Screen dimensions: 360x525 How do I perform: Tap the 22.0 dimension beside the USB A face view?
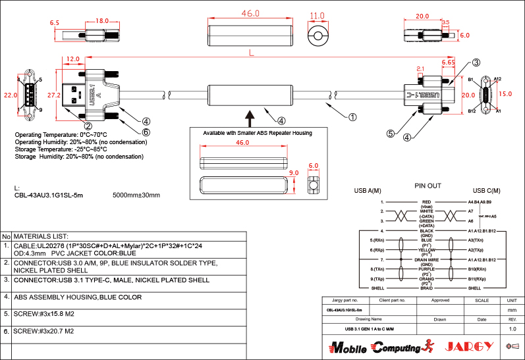(10, 95)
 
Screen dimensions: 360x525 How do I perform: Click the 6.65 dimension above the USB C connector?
(449, 62)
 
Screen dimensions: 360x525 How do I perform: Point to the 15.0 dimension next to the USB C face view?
(505, 94)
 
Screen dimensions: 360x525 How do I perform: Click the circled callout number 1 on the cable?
(352, 118)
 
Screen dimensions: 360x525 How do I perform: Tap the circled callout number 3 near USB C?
(476, 63)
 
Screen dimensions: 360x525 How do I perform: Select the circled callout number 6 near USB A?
(146, 132)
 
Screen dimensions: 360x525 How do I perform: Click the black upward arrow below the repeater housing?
(250, 118)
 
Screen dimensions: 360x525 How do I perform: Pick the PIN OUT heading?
(428, 186)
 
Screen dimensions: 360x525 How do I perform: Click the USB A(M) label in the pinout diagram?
(368, 192)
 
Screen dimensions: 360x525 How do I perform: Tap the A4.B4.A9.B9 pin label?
(480, 202)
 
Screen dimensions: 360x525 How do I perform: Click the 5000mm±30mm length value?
(136, 195)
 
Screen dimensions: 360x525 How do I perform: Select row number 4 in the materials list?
(6, 297)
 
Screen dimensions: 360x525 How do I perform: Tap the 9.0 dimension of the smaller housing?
(294, 173)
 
